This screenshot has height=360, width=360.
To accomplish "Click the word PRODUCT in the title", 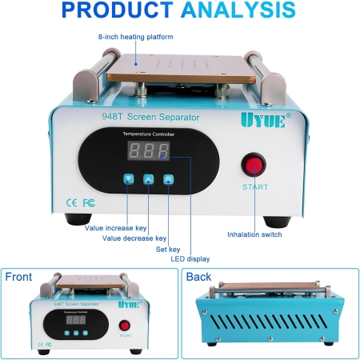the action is [x=118, y=10].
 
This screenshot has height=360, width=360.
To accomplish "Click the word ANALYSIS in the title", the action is [x=238, y=10].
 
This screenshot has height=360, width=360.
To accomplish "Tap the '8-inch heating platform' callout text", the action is [x=136, y=37].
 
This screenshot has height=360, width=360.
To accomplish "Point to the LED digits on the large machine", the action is [x=149, y=150].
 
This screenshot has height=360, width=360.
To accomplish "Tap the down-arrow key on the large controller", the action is [x=129, y=179].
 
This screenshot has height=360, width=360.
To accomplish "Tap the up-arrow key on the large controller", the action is [x=149, y=179].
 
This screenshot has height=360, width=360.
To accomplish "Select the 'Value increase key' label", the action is [x=116, y=228].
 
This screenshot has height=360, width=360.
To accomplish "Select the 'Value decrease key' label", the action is [x=134, y=238].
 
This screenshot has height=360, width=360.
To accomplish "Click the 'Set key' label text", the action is [x=168, y=250].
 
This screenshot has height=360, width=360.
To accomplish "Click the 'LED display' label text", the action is [x=190, y=259].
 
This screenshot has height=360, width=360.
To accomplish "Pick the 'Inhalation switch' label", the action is [x=254, y=234].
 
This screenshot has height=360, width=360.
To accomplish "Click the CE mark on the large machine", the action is [x=71, y=203].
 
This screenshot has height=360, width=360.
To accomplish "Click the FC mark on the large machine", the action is [x=89, y=203].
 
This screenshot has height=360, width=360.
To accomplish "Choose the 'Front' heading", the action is [x=18, y=277].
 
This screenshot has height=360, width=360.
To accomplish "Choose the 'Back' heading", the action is [x=198, y=277].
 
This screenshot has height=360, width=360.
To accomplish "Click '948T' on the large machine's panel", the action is [x=112, y=117].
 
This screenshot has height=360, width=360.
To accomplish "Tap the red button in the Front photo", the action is [x=125, y=326].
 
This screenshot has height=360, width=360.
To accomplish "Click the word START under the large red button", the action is [x=255, y=187].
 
